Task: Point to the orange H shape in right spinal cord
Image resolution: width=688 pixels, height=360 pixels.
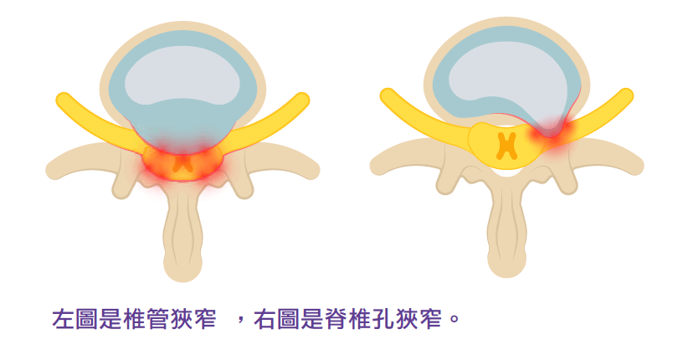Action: point(506,145)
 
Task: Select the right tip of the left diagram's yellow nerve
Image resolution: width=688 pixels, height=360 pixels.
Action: point(302,100)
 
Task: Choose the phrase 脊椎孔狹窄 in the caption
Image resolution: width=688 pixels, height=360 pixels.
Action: point(389,319)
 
